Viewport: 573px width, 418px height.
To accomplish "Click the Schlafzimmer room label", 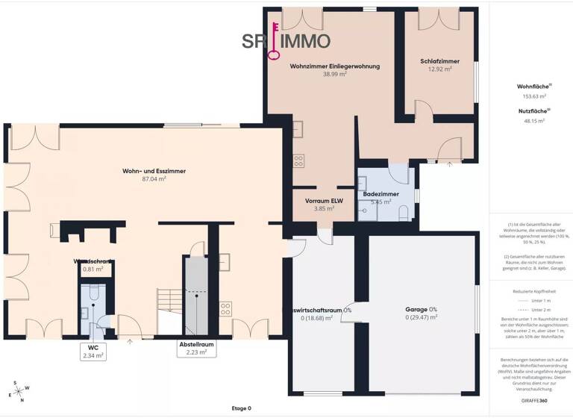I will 439,61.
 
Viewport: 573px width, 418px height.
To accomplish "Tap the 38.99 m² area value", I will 334,74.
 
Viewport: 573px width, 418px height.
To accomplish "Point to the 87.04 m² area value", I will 154,179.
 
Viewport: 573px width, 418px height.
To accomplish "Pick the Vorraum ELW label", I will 323,201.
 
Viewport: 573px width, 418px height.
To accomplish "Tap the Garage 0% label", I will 421,309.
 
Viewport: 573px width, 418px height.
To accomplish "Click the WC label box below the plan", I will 93,352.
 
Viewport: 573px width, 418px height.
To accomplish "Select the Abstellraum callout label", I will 196,349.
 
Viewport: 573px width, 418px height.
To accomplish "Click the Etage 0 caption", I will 242,408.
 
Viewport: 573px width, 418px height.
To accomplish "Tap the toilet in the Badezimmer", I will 404,213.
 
